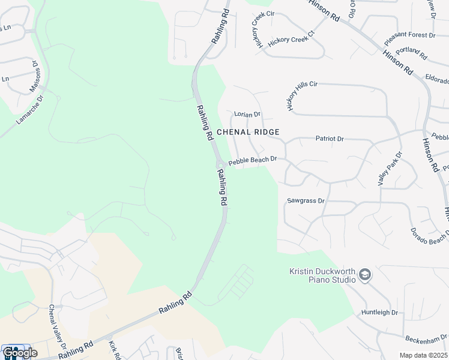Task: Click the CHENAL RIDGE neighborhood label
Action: (248, 131)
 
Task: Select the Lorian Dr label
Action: (247, 114)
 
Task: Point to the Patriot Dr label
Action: (330, 139)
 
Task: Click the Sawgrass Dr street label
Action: (306, 201)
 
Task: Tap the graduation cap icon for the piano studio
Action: (365, 275)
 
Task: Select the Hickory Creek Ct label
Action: (291, 40)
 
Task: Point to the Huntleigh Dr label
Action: (379, 313)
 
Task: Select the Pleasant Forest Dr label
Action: (409, 39)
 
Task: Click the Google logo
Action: (19, 353)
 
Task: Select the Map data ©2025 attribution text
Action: (423, 355)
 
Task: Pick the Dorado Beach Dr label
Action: (430, 235)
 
